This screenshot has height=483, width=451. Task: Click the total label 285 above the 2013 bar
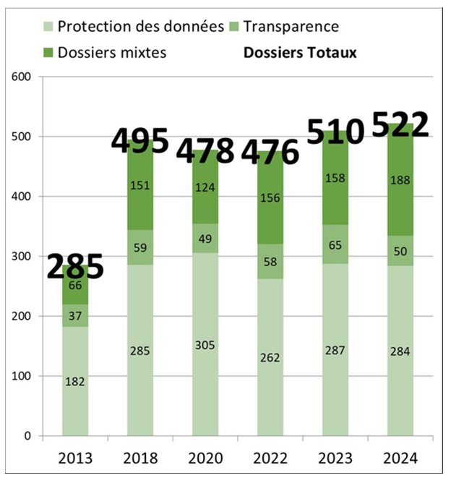(75, 267)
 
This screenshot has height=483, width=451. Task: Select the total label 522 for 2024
(400, 125)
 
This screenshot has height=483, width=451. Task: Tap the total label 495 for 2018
(140, 140)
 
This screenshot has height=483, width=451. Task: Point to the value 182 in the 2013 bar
(75, 381)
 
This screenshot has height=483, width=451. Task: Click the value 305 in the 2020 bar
(205, 345)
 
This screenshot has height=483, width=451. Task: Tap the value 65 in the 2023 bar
(335, 246)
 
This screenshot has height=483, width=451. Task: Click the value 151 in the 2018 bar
(140, 184)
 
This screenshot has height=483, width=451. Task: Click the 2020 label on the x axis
(205, 458)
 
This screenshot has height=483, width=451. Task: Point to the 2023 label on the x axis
(335, 458)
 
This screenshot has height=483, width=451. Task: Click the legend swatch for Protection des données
(46, 28)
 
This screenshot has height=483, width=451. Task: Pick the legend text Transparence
(291, 27)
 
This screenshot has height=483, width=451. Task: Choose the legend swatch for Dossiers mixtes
(46, 53)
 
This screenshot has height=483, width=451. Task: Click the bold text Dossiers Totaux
(300, 53)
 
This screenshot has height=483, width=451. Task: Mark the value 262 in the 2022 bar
(270, 358)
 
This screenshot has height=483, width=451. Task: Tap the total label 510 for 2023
(335, 133)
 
